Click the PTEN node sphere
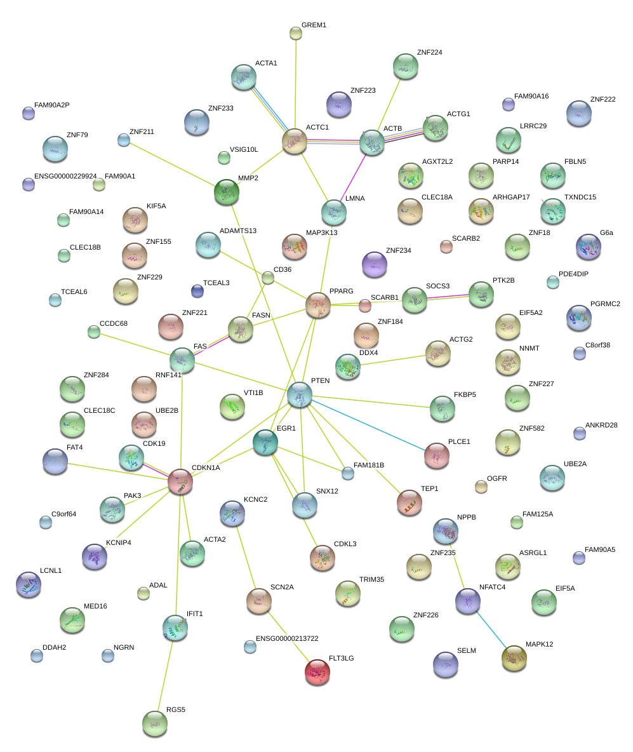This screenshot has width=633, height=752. click(299, 394)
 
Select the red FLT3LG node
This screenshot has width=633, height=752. click(317, 672)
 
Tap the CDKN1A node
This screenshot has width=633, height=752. click(180, 481)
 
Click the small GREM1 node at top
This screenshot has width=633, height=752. click(295, 33)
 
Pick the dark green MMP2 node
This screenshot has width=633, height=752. click(227, 191)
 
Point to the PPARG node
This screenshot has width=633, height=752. click(318, 305)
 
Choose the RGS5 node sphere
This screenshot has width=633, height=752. click(155, 723)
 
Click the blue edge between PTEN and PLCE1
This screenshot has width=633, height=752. click(368, 425)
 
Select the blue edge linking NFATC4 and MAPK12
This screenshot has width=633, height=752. click(491, 628)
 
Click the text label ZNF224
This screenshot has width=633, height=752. click(430, 53)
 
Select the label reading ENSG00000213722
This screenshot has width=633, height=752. click(287, 638)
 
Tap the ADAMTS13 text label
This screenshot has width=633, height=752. click(238, 230)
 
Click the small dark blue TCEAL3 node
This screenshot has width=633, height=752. click(197, 291)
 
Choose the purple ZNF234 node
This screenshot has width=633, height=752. click(374, 264)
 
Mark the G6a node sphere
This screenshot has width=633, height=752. click(588, 246)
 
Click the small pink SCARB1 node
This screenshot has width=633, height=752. click(364, 305)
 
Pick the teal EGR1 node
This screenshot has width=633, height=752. click(265, 441)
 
